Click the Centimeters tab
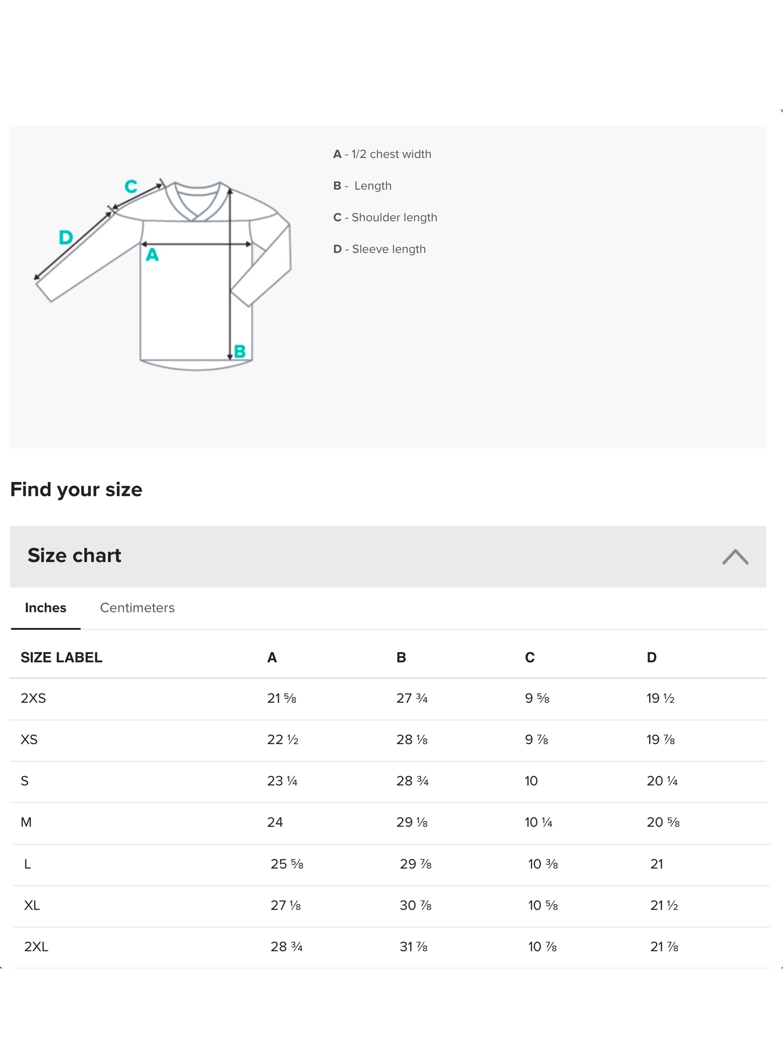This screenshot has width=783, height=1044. tap(137, 607)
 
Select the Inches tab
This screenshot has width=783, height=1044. tap(45, 607)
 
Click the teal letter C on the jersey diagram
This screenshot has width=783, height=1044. tap(131, 186)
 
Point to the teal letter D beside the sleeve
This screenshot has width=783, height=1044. tap(66, 237)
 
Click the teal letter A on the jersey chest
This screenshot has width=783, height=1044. tap(152, 255)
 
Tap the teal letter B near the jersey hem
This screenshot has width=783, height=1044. tap(240, 351)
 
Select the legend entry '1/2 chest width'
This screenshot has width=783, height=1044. tap(391, 154)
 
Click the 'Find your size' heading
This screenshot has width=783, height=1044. tap(76, 490)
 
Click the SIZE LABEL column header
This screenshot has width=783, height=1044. tap(61, 657)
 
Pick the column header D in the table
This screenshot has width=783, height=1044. tap(651, 657)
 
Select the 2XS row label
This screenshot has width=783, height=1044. tap(33, 698)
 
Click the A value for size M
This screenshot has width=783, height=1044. tap(275, 822)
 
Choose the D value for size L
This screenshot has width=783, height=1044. tap(657, 864)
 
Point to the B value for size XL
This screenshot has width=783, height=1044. tap(415, 905)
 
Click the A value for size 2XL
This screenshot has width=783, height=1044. tap(286, 946)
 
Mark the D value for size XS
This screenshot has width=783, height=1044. tap(660, 739)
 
